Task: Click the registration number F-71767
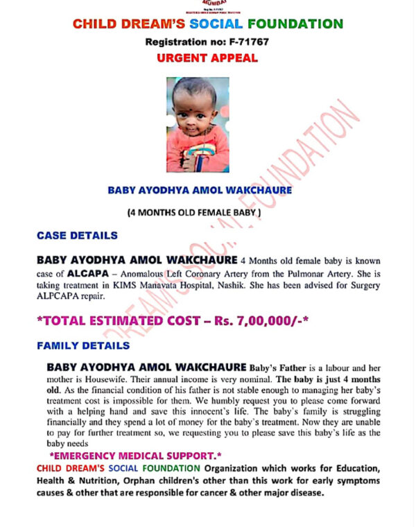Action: pos(245,42)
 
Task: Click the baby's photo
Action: pos(198,125)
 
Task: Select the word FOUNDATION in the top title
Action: pos(291,24)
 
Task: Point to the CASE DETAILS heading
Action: pos(77,235)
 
